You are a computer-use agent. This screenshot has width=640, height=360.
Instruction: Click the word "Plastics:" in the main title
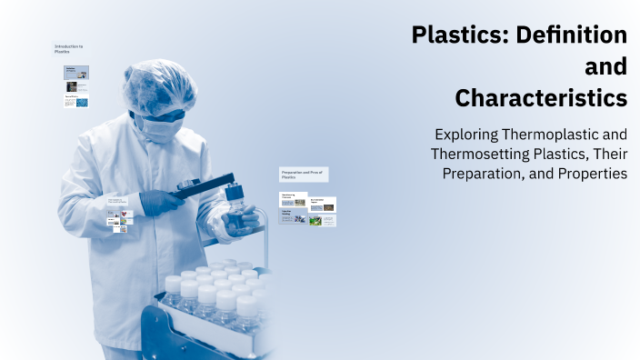point(460,35)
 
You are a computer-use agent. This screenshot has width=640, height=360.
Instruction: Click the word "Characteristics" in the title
point(541,96)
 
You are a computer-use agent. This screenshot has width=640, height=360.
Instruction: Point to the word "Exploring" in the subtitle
point(469,134)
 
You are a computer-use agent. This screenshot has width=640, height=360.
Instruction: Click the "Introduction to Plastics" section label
point(68,48)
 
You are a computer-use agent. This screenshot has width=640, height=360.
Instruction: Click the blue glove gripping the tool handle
point(160,202)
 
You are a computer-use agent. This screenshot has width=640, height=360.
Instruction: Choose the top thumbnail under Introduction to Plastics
point(76,72)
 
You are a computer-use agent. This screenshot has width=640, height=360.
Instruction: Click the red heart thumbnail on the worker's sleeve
point(125,215)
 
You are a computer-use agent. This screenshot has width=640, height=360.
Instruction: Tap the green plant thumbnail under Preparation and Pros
point(315,219)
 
